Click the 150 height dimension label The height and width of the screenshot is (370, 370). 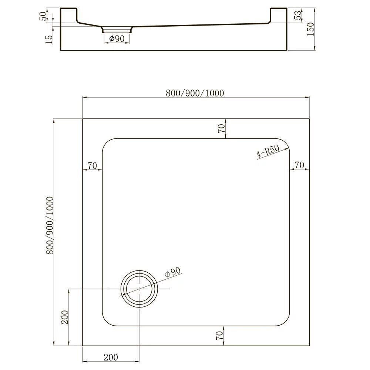point(311,29)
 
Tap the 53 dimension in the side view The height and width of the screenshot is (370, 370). point(299,15)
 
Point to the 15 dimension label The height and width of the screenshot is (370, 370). point(48,39)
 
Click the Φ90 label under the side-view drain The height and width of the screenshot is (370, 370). point(117,38)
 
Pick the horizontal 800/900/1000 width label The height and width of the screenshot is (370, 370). point(195,93)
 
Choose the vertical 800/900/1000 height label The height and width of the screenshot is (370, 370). point(50,226)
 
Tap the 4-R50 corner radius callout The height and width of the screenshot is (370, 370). point(268,151)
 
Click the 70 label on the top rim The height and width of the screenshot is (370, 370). point(221,128)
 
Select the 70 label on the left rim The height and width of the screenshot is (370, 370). point(92,166)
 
